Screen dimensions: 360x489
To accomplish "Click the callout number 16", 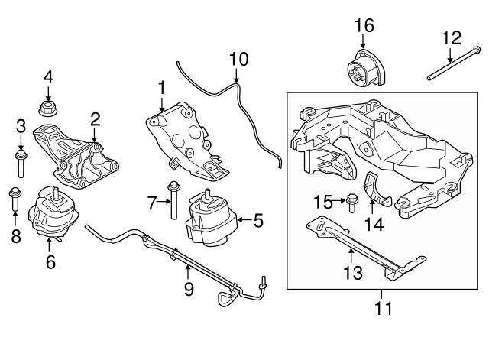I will (x=364, y=25).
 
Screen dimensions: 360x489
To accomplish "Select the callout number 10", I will (x=238, y=59).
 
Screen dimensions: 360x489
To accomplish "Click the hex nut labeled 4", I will (x=48, y=102).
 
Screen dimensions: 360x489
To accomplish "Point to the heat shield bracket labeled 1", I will (x=183, y=138).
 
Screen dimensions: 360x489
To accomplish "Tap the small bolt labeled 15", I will (x=351, y=204).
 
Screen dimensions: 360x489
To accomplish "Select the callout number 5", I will (x=257, y=222).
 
